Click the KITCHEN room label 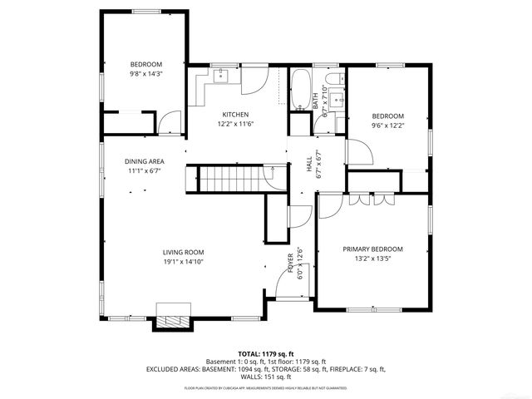236,115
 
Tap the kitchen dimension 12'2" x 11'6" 236,124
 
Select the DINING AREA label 144,161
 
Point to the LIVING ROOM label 183,252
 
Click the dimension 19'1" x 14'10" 183,261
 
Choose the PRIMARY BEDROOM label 372,249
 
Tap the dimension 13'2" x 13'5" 372,259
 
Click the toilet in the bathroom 333,80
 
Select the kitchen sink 221,78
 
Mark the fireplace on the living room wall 173,323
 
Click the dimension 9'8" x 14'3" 146,74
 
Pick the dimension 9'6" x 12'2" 387,126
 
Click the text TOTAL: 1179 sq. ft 265,353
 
